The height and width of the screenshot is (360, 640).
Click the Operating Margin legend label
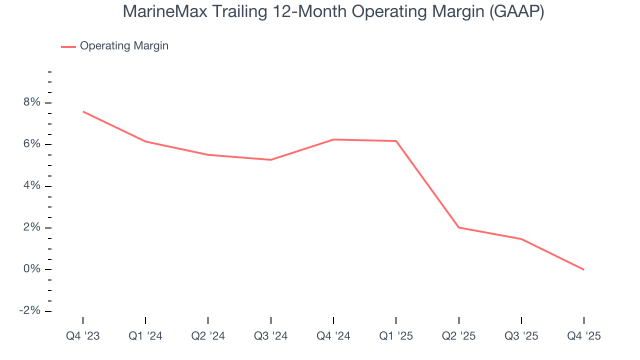(x=124, y=46)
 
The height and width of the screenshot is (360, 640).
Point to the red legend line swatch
(x=68, y=46)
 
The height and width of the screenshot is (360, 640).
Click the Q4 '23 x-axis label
(x=83, y=336)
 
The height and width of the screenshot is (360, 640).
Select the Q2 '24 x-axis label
(x=208, y=336)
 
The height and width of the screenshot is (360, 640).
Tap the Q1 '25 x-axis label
(x=396, y=336)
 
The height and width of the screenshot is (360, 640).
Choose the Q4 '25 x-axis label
(x=583, y=336)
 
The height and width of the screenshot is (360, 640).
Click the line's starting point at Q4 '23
(x=83, y=111)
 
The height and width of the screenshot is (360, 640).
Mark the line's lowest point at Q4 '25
(x=583, y=269)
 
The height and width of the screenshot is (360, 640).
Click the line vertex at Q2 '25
(x=458, y=227)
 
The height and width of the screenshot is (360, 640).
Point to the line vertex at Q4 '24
(x=333, y=139)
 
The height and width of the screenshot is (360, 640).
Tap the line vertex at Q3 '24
(x=270, y=160)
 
